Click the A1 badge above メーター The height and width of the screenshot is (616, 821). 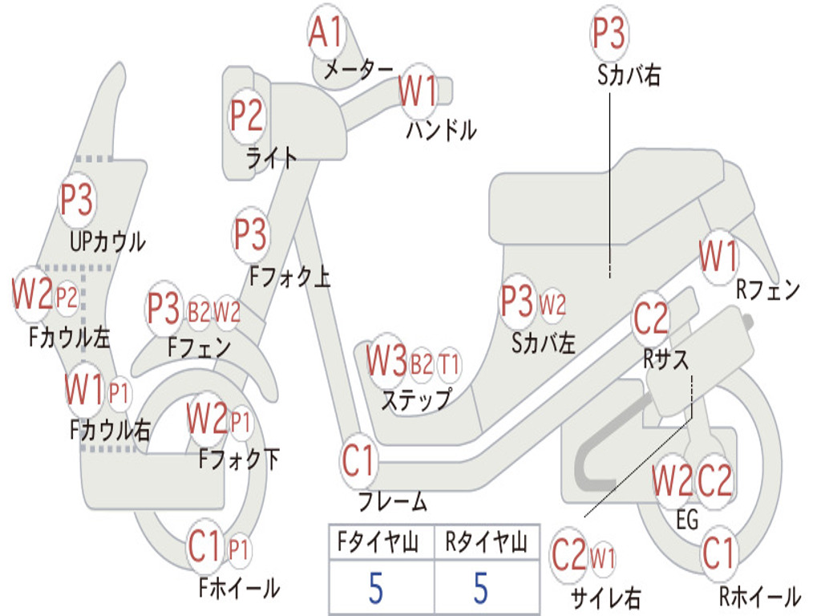coord(326,31)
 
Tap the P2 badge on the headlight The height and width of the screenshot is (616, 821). coord(246,116)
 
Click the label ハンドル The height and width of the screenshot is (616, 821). coord(441,129)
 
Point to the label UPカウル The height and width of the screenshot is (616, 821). coord(107,242)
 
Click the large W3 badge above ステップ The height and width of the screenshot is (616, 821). coord(386,360)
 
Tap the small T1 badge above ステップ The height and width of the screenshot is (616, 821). coord(448,363)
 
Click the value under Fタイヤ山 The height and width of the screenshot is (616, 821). coord(376,588)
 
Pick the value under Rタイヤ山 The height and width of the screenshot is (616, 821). coord(481,588)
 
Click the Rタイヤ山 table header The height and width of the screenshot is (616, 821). coord(486,542)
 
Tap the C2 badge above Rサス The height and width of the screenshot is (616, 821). coord(651,318)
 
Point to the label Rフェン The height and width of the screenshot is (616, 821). coord(767,289)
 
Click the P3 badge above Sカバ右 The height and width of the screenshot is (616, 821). coord(609,32)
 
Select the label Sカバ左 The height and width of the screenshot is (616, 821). coord(544,343)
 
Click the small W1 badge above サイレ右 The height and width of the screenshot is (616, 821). coord(603,558)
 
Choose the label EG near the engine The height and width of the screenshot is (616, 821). coord(687,520)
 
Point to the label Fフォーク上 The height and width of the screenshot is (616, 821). coord(290,276)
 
